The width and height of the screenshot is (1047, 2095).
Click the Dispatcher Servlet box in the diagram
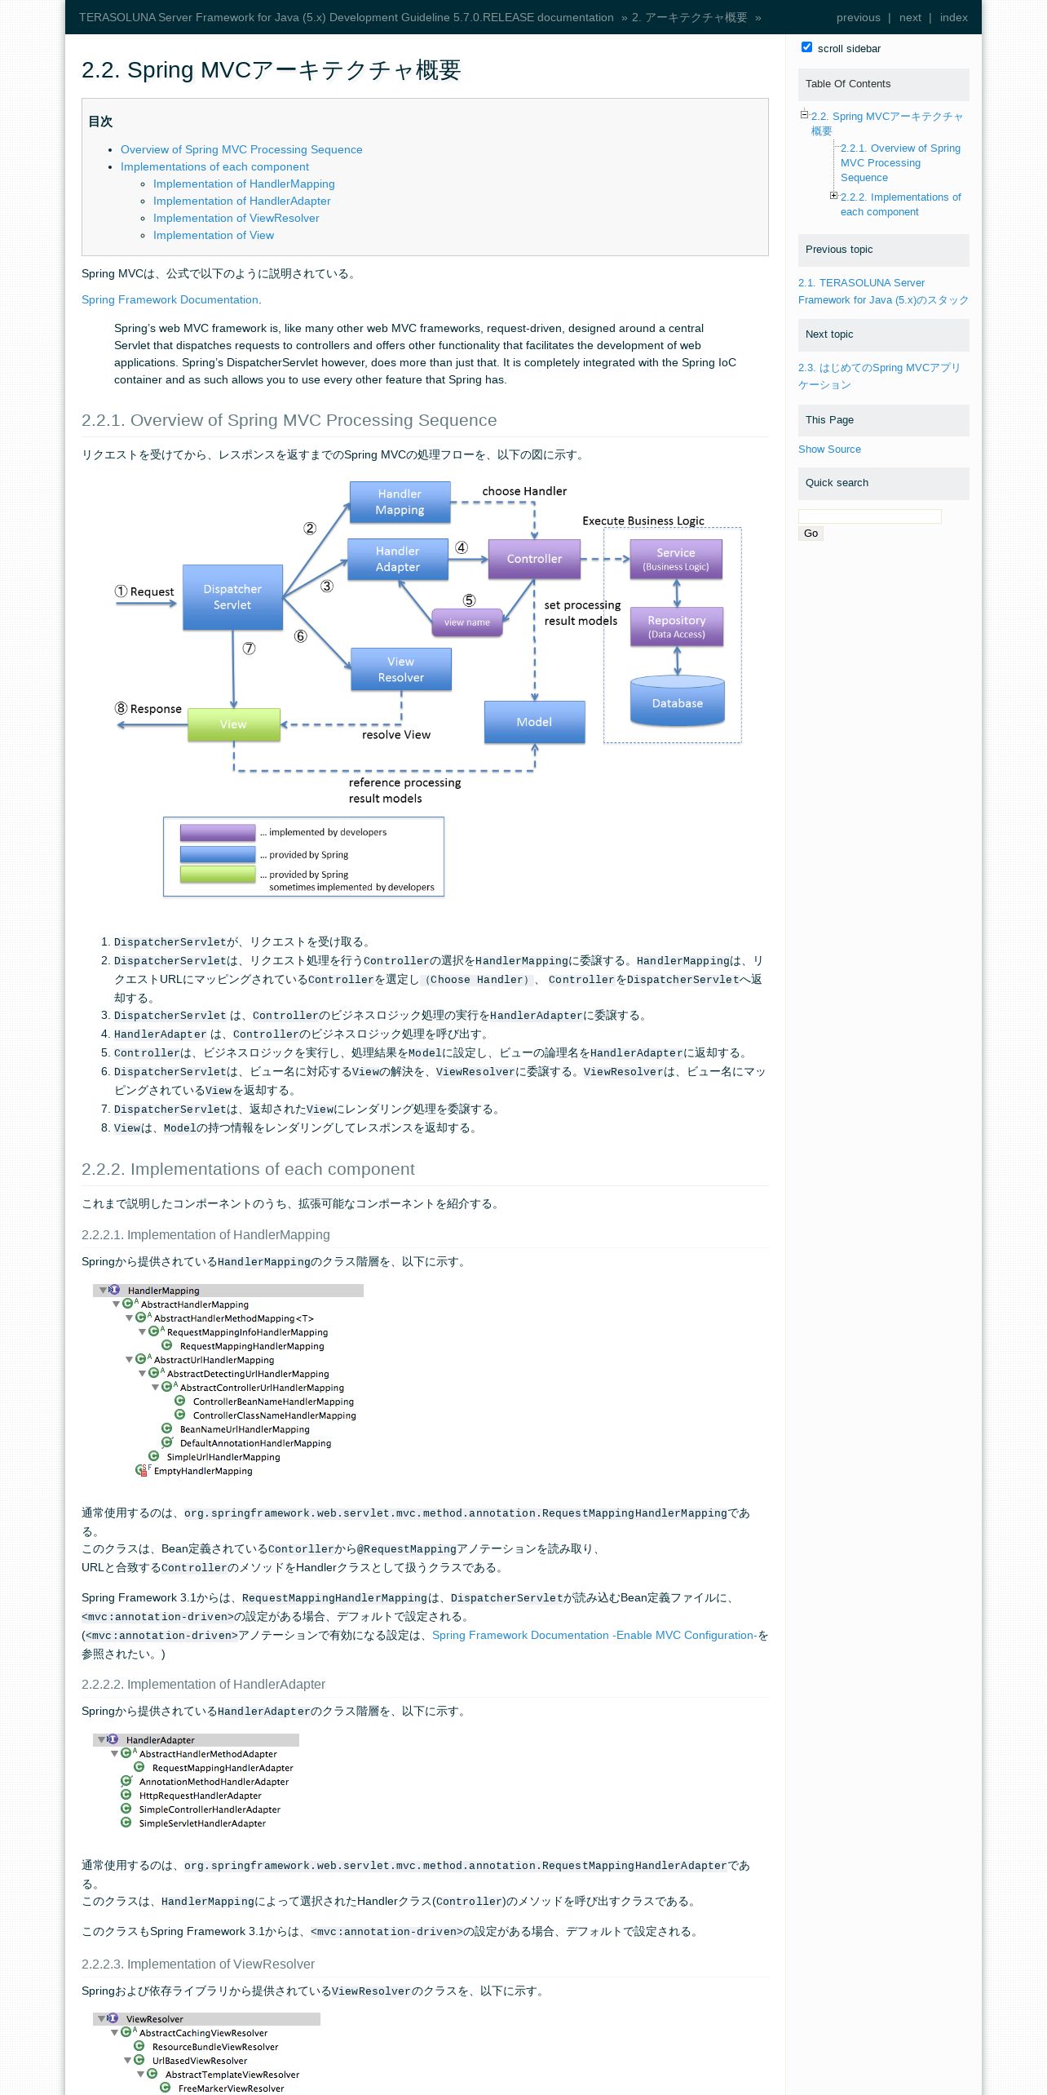point(232,597)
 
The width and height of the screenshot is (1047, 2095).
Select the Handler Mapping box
point(400,502)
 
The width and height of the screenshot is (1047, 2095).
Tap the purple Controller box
point(534,559)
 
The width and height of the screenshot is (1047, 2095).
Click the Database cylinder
point(678,702)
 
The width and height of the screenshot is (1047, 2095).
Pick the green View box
point(234,724)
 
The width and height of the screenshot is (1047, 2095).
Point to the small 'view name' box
point(467,622)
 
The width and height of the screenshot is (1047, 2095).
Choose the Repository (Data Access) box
point(677,627)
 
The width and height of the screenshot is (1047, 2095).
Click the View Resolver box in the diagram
point(401,670)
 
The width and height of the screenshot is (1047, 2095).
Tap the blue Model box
point(535,722)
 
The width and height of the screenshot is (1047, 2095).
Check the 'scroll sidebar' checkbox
point(807,47)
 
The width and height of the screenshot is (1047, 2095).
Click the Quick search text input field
point(870,516)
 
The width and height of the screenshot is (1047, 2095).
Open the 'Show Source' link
point(829,450)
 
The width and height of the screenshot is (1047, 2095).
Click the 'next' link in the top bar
point(910,17)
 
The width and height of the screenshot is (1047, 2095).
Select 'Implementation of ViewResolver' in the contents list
point(236,218)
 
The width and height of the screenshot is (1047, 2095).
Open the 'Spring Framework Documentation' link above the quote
point(170,299)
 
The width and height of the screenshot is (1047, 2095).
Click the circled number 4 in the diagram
point(462,547)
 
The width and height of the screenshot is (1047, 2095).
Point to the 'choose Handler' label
point(524,491)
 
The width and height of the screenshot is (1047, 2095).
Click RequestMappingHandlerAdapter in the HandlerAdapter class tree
point(223,1768)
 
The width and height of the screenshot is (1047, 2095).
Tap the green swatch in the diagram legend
point(218,875)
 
